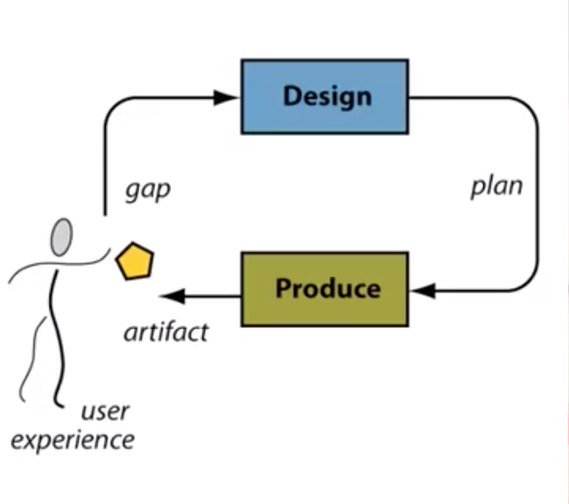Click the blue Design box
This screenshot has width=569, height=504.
click(324, 96)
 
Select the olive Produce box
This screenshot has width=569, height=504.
click(324, 289)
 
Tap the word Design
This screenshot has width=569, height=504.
click(327, 95)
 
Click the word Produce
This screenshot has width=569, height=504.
click(328, 289)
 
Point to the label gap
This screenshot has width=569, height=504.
click(147, 190)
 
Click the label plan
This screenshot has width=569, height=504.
click(496, 185)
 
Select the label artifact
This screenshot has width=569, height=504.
click(166, 332)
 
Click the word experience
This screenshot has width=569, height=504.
click(73, 438)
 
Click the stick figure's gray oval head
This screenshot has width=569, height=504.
click(60, 236)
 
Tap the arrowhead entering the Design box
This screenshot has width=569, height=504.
click(230, 96)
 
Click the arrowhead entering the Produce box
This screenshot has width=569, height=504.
click(420, 290)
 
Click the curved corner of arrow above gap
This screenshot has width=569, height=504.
click(114, 109)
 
